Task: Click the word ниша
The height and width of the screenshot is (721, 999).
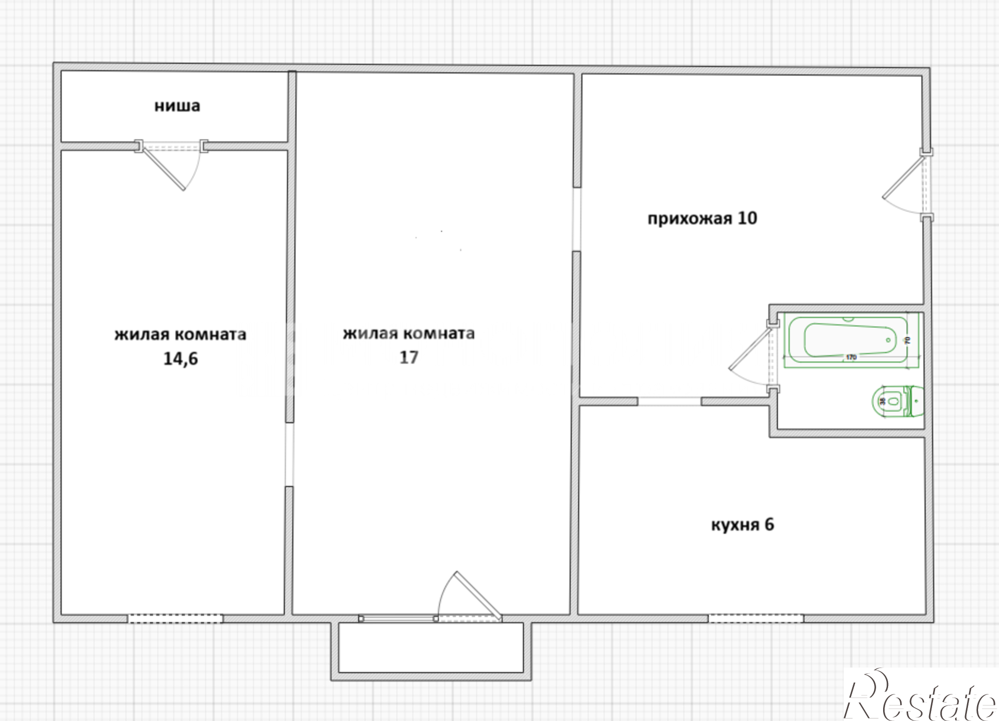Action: coord(177,106)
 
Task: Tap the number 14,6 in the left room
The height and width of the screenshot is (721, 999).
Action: coord(181,359)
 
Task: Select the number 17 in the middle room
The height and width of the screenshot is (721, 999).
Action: coord(409,357)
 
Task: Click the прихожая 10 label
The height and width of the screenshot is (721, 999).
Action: coord(702,218)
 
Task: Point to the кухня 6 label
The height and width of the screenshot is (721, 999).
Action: coord(742,525)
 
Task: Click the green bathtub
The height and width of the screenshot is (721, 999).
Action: coord(852,340)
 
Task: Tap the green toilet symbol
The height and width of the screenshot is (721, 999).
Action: coord(898,401)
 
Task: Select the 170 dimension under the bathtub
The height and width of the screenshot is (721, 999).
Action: coord(852,357)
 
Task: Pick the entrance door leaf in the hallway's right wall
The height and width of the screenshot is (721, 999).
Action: coord(903,178)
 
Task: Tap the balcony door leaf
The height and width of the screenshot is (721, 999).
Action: coord(478,595)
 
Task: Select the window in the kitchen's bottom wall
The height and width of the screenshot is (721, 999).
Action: coord(756,619)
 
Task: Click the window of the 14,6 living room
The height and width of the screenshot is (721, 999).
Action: coord(175,619)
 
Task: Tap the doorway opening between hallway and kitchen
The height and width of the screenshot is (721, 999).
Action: coord(669,401)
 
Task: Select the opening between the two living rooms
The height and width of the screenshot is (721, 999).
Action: coord(289,454)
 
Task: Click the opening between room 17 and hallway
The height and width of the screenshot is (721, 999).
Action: coord(577,219)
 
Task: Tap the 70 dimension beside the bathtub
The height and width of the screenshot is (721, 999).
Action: coord(908,340)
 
